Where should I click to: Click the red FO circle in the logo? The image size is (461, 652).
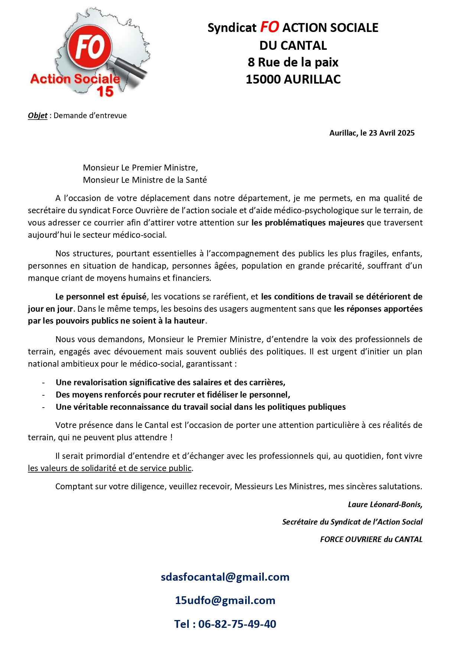(x=90, y=47)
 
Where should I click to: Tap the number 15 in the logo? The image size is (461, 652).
(x=105, y=91)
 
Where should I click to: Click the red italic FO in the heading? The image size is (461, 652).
(x=269, y=27)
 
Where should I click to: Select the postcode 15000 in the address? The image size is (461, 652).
(x=263, y=80)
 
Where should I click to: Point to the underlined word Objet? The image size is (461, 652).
(x=38, y=116)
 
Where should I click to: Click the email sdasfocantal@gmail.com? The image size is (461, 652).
(x=225, y=577)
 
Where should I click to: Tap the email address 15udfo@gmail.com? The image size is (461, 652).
(x=225, y=600)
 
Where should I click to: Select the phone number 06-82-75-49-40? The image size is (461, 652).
(x=237, y=624)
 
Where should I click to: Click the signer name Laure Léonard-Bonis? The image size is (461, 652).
(x=384, y=505)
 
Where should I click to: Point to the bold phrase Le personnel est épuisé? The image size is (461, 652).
(x=101, y=297)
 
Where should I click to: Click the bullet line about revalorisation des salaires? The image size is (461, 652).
(x=170, y=383)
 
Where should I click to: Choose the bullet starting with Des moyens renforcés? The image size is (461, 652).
(x=173, y=395)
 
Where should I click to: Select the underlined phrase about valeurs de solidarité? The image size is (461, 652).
(x=110, y=468)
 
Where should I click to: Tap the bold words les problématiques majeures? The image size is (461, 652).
(x=308, y=223)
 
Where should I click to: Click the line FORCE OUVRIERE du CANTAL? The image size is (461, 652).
(x=371, y=539)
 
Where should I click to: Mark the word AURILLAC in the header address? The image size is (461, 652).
(x=312, y=80)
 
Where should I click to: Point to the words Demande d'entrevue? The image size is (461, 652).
(x=90, y=116)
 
